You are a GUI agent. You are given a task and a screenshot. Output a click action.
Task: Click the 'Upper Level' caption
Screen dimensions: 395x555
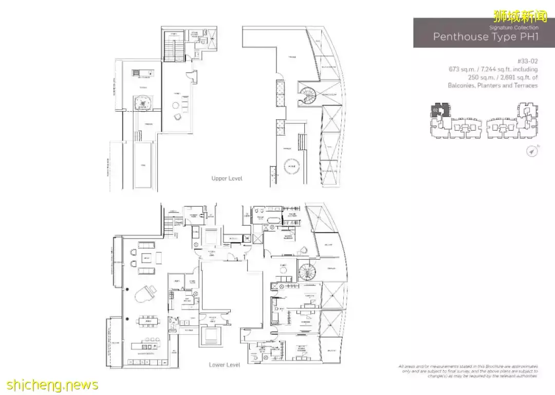227,178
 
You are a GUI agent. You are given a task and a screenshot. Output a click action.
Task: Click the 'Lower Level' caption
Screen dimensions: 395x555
225,365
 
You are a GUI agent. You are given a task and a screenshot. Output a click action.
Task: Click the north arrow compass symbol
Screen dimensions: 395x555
532,151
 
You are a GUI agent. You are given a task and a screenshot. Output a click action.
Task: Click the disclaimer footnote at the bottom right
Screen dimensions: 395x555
468,371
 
